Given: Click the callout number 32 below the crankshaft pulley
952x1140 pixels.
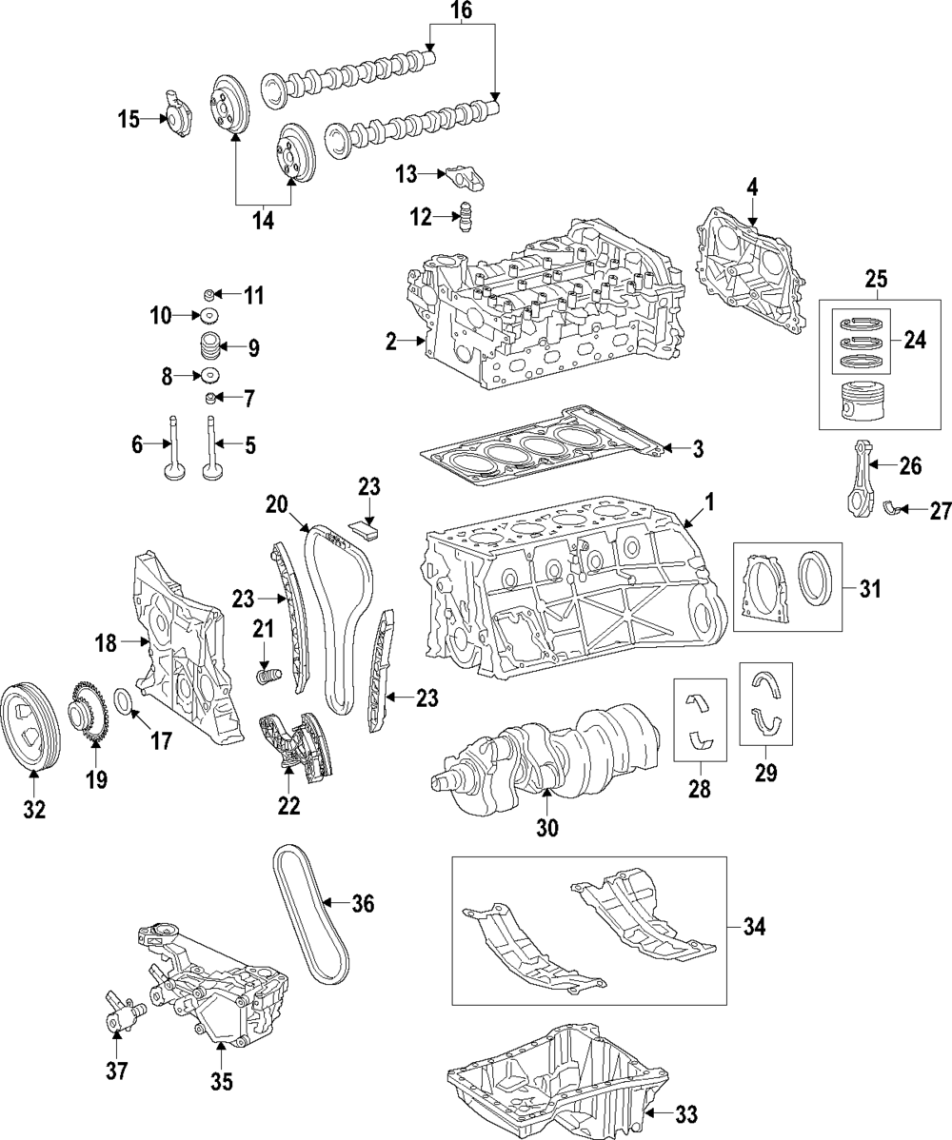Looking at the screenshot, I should click(34, 810).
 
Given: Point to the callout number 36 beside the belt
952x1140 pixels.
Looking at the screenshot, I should click(363, 904).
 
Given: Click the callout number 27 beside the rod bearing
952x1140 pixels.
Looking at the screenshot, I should click(940, 511).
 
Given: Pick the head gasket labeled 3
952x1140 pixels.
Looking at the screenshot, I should click(552, 446).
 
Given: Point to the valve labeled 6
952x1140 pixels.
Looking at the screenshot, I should click(175, 451).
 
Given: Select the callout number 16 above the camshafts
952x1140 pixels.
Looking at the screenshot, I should click(461, 11).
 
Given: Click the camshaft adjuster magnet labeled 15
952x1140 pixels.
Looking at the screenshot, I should click(178, 119).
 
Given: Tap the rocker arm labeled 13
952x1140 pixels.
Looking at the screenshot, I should click(460, 178).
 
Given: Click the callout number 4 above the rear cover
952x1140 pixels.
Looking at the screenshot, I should click(752, 187).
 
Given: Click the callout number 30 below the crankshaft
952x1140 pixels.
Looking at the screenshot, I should click(546, 828).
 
